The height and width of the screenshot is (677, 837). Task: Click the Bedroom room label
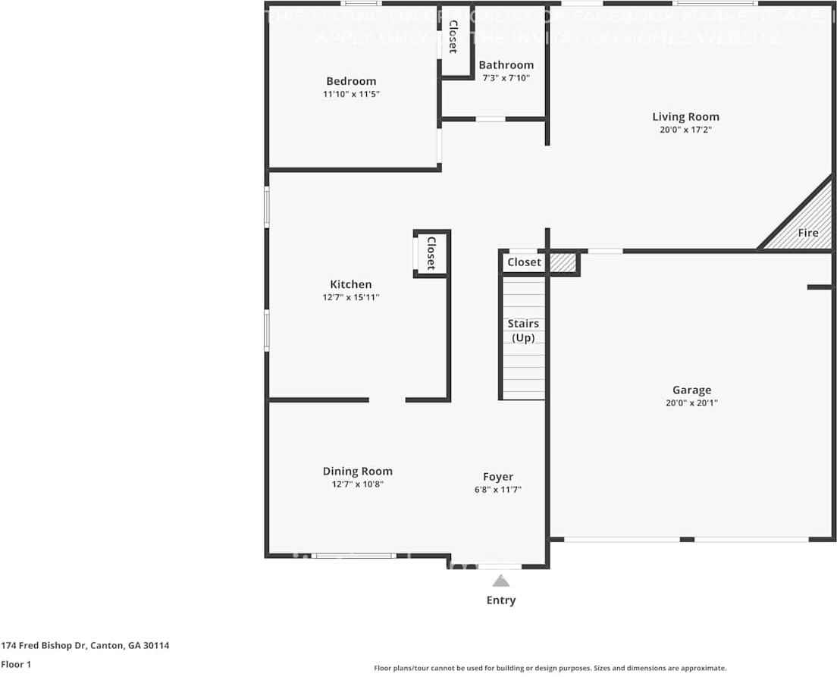click(351, 81)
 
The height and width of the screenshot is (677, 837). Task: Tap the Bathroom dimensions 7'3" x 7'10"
click(506, 77)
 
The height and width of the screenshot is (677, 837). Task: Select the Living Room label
click(685, 117)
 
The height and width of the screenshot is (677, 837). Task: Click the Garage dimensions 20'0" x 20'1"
click(691, 403)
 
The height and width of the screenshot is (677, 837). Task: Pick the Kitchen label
click(350, 284)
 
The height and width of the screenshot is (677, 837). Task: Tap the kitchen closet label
click(431, 253)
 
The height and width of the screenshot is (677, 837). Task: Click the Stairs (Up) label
click(523, 331)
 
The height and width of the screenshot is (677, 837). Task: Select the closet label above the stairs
click(524, 262)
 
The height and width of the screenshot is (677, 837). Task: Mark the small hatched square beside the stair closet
click(562, 262)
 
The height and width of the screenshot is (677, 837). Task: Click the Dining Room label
click(357, 471)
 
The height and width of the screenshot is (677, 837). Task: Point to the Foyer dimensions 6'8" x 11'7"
click(498, 490)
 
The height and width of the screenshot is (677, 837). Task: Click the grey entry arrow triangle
click(500, 581)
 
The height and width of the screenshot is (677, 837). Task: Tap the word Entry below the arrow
click(500, 600)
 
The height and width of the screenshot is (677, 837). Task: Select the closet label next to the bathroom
click(453, 37)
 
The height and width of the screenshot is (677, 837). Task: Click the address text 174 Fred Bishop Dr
click(85, 645)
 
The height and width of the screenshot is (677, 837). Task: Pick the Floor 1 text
click(16, 664)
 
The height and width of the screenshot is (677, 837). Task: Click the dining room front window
click(354, 556)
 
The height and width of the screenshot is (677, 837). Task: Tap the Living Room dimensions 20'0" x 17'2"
click(685, 130)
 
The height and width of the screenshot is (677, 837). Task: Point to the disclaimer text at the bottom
click(550, 668)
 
